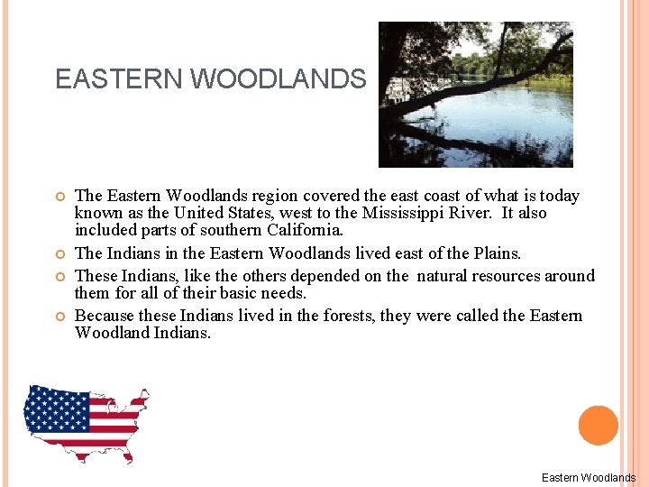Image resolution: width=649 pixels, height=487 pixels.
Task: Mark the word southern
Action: (219, 230)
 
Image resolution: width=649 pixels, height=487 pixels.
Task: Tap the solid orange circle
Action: (598, 426)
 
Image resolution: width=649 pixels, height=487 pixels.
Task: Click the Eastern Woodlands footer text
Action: (588, 478)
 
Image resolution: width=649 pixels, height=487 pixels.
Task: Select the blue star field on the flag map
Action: (57, 410)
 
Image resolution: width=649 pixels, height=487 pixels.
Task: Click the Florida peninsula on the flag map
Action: (127, 455)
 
